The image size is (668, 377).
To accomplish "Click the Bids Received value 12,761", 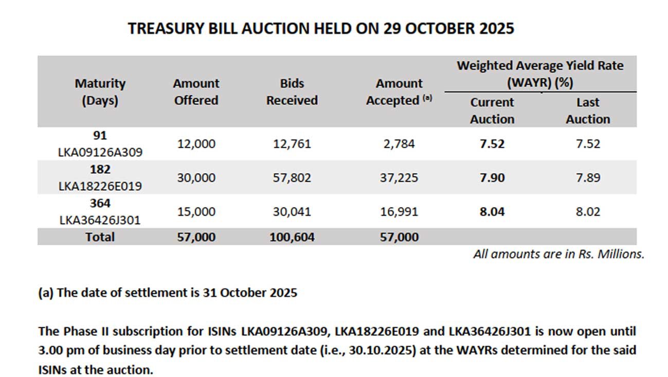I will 292,144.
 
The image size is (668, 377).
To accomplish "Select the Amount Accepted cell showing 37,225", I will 399,178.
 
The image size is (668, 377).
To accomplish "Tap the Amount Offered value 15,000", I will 196,212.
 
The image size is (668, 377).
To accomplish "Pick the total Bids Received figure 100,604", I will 292,237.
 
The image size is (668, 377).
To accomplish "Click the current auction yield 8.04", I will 492,212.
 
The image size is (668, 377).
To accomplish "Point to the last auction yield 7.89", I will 587,178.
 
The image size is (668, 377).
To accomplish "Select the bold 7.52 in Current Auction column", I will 492,144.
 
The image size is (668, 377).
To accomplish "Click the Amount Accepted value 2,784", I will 399,144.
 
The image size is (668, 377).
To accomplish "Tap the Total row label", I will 100,237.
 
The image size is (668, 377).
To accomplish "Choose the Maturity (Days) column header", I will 100,92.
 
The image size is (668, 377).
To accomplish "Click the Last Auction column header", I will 587,111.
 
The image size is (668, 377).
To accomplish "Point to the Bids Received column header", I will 292,92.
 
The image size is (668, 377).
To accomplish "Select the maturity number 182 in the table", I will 100,169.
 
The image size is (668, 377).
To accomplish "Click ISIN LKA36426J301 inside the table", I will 100,221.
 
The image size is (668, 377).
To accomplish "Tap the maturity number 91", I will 100,135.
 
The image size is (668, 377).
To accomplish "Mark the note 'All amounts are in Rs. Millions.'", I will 558,254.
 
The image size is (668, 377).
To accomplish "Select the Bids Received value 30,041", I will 292,212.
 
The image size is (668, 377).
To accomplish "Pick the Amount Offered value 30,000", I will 196,178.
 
